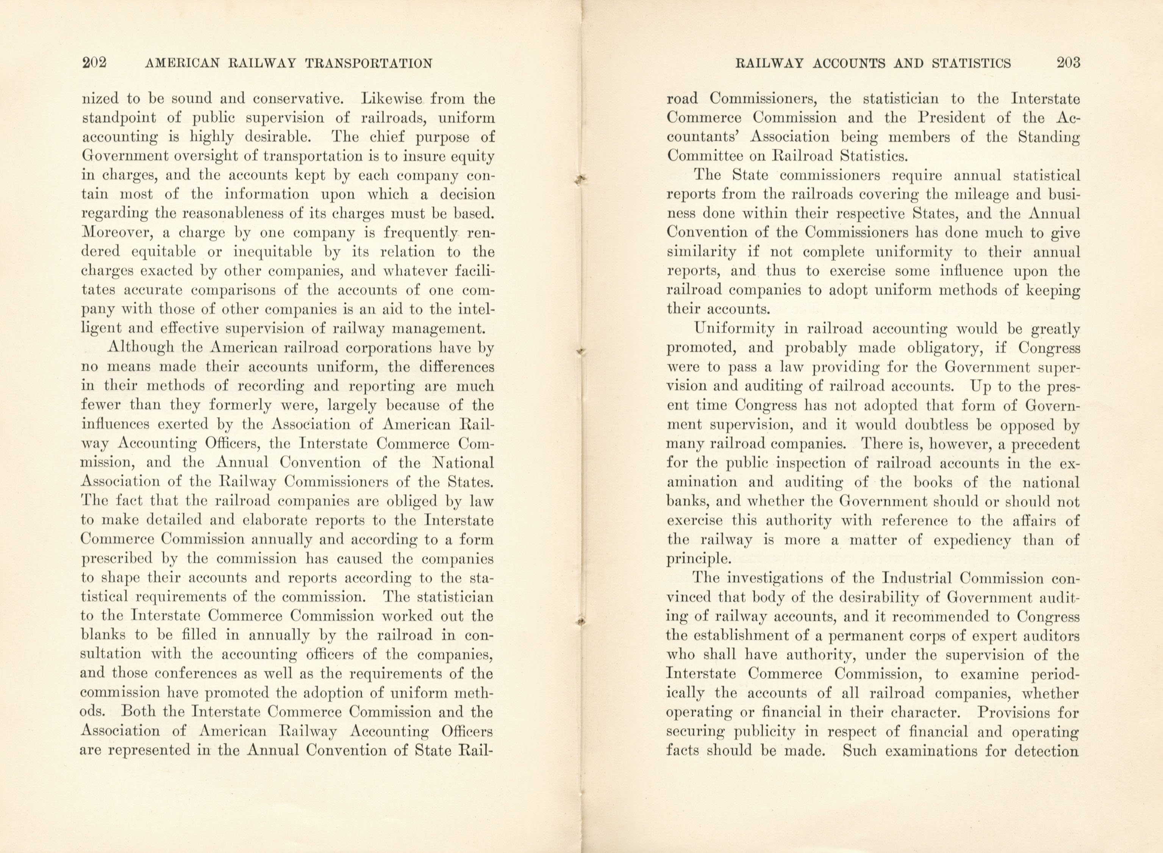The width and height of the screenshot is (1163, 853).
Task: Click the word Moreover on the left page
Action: [x=115, y=233]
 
